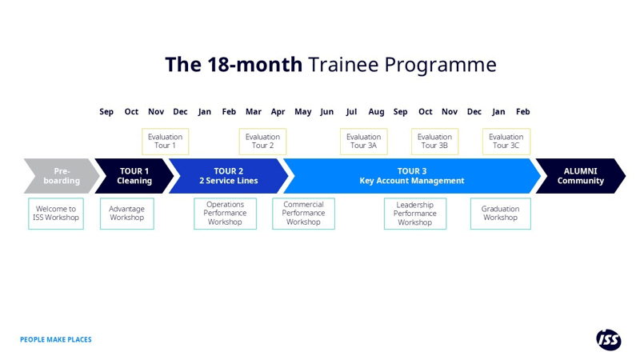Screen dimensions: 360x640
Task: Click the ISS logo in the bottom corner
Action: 608,339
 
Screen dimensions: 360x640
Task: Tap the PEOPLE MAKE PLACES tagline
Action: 56,340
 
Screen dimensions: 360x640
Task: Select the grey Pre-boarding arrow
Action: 61,176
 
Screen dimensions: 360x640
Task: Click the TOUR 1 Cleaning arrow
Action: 134,176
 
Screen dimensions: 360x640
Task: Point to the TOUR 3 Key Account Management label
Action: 411,176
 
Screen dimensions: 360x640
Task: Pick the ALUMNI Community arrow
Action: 580,176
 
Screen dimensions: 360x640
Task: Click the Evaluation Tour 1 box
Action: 166,142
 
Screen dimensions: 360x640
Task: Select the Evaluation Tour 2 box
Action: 262,142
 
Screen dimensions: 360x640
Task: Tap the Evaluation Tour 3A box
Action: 363,142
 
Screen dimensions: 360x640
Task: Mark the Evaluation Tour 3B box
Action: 434,142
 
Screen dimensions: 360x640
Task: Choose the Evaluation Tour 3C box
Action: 506,142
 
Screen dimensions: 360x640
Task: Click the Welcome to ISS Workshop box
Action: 56,214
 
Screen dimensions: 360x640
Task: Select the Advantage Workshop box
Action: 126,214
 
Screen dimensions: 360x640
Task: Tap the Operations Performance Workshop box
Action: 225,214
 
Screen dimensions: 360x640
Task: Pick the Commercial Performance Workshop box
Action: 303,214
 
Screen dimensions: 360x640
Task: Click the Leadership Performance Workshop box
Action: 414,214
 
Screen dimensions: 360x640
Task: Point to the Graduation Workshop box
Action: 500,214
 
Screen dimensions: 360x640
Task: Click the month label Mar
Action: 254,112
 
